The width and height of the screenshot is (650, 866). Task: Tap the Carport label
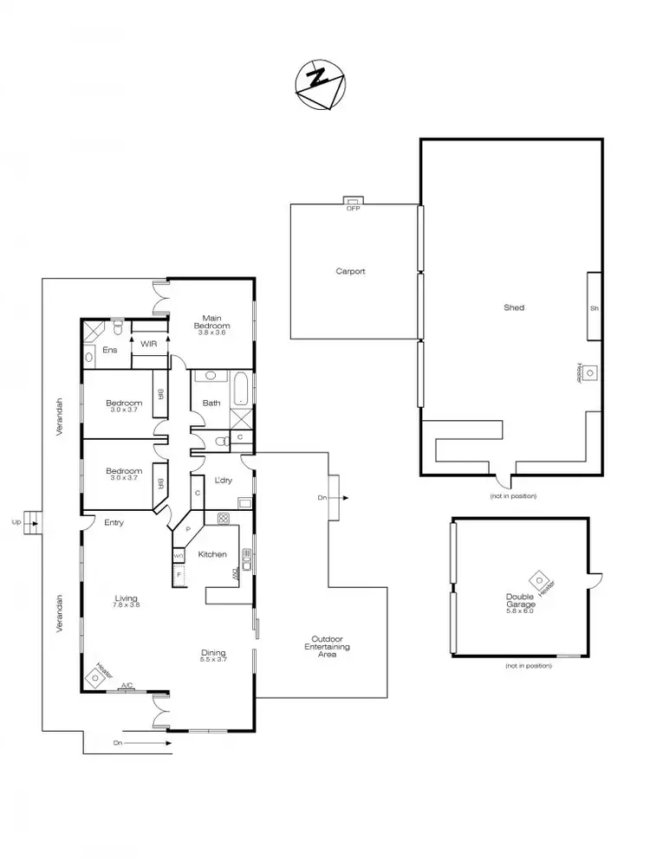[x=350, y=271]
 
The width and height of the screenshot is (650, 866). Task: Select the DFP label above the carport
[x=353, y=209]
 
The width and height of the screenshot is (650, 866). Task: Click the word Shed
[x=514, y=307]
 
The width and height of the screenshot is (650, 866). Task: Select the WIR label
[x=147, y=344]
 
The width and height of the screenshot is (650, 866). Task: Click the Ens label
[x=110, y=350]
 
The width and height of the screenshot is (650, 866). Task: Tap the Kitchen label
[x=212, y=554]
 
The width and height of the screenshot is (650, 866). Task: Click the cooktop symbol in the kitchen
[x=223, y=519]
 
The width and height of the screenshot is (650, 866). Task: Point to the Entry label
[x=114, y=522]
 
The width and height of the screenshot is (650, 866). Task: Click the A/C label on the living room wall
[x=127, y=686]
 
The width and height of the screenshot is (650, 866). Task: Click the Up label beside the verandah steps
[x=16, y=522]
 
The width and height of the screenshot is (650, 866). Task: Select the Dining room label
[x=213, y=656]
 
